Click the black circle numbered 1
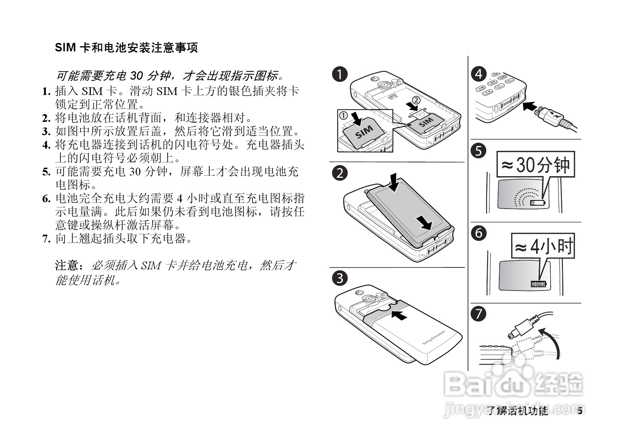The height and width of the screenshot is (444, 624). tap(340, 74)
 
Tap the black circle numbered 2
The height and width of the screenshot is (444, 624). tap(340, 174)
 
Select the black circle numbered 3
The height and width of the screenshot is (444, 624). tap(340, 278)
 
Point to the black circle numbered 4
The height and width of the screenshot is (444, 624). tap(479, 74)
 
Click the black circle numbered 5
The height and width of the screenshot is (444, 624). tap(479, 151)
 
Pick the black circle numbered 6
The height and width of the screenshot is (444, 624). tap(479, 233)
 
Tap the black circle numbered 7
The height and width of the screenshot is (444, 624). tap(479, 314)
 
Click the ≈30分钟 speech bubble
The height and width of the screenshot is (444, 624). tap(536, 164)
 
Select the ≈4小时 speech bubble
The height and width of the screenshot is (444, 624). tap(543, 246)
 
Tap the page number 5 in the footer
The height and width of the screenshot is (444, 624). tap(579, 411)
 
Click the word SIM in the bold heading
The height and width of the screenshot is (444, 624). tap(66, 48)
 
